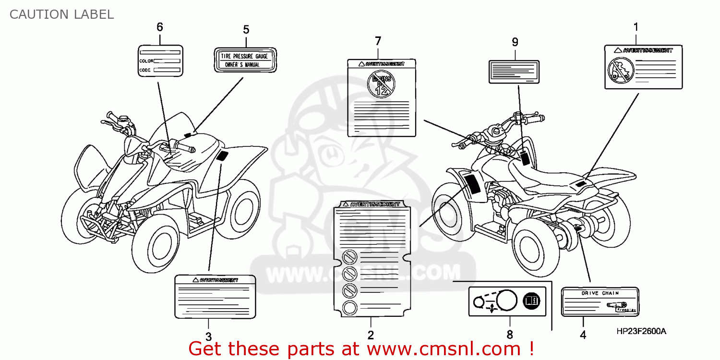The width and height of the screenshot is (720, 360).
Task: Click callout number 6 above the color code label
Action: pyautogui.click(x=160, y=27)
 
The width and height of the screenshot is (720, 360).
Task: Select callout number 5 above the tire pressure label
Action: pyautogui.click(x=246, y=30)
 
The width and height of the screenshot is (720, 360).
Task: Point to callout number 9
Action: pyautogui.click(x=515, y=42)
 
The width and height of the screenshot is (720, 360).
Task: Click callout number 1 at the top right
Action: pyautogui.click(x=636, y=27)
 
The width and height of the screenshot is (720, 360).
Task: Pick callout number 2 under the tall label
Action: pyautogui.click(x=371, y=335)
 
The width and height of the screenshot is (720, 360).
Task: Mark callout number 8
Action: pyautogui.click(x=509, y=334)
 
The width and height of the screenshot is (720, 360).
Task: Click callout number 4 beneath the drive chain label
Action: pyautogui.click(x=583, y=336)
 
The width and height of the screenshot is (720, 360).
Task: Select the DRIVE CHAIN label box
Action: pyautogui.click(x=600, y=301)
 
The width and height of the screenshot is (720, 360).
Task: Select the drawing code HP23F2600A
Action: pyautogui.click(x=641, y=332)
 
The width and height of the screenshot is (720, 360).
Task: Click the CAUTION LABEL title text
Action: pyautogui.click(x=61, y=14)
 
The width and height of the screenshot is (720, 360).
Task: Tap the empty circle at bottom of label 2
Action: pyautogui.click(x=350, y=307)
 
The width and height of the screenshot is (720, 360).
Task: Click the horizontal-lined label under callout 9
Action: pyautogui.click(x=514, y=72)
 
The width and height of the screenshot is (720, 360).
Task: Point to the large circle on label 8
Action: pyautogui.click(x=506, y=301)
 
